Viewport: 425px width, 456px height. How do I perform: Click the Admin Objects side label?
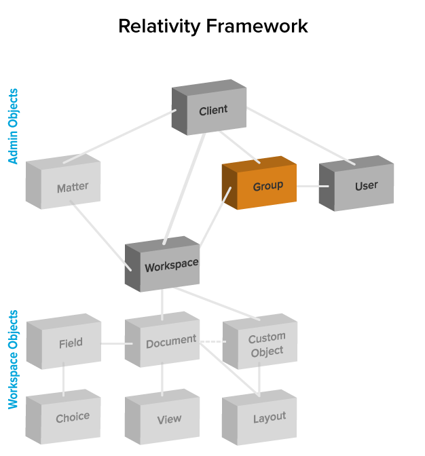point(14,126)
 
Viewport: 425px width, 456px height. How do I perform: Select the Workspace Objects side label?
point(14,360)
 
